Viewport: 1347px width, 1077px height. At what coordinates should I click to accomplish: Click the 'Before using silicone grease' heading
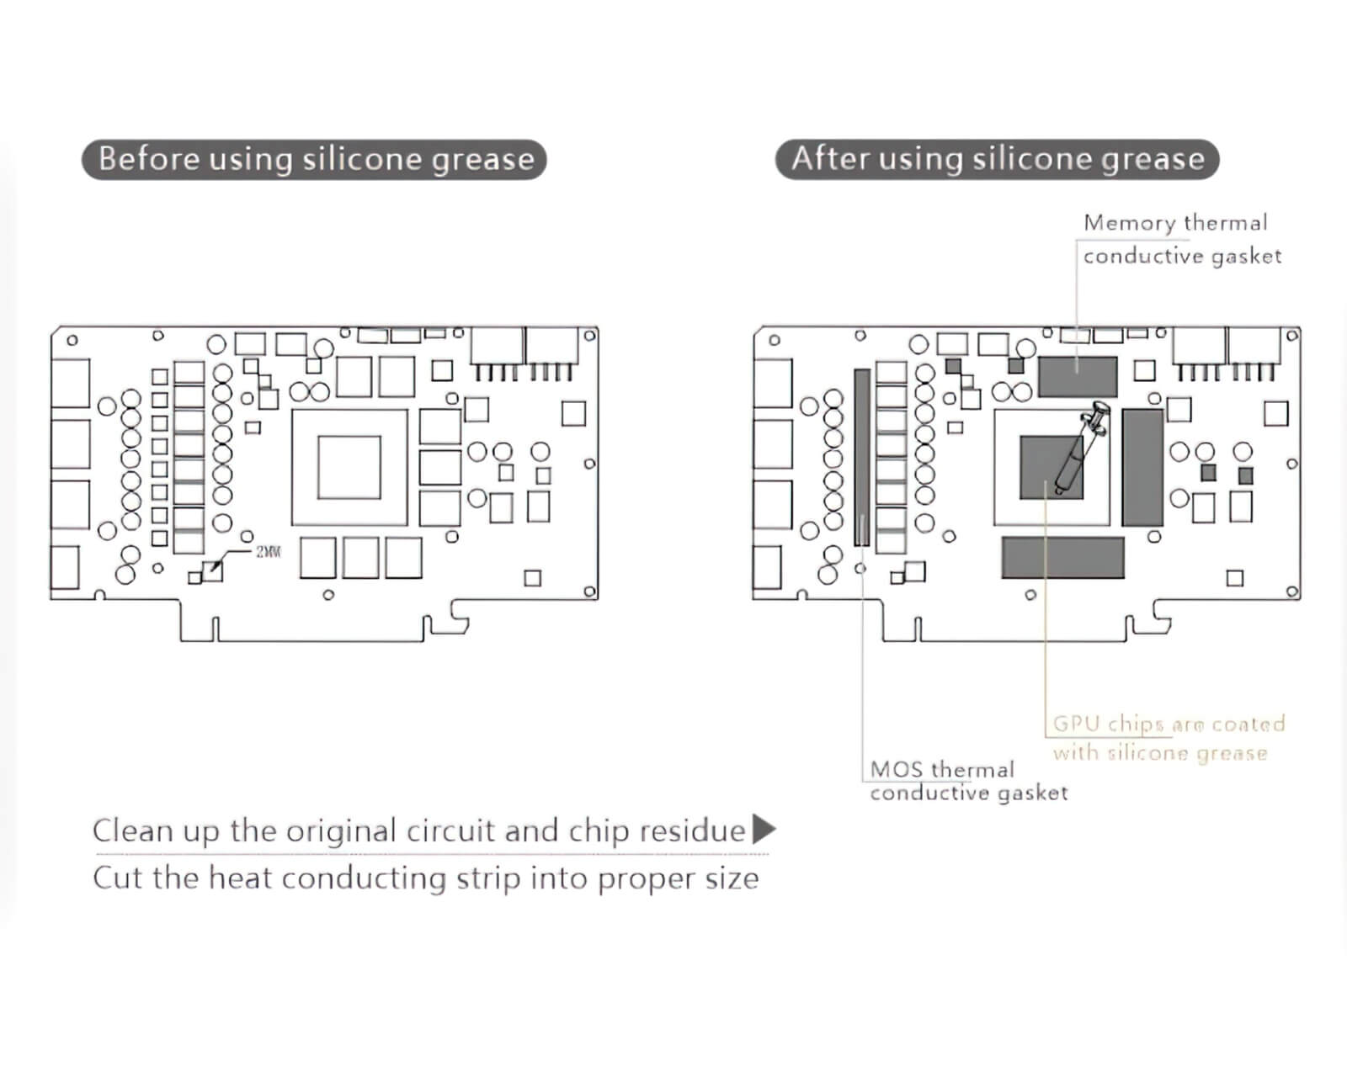[314, 159]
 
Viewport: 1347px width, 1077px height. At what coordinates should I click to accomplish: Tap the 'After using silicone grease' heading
[997, 159]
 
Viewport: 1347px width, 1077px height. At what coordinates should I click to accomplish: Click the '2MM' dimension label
[269, 552]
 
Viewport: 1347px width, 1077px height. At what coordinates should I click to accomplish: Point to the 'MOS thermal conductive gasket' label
[967, 781]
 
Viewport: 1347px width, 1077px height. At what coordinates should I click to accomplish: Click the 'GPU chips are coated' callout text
[1169, 724]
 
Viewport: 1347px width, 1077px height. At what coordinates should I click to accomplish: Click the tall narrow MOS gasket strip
[862, 457]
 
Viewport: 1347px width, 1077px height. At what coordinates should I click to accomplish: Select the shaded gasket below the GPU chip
[1062, 557]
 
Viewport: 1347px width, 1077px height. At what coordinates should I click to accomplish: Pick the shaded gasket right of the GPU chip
[1142, 468]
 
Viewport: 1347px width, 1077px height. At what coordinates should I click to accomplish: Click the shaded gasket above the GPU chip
[1078, 376]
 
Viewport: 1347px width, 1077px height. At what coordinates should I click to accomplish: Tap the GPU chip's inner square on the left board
[349, 468]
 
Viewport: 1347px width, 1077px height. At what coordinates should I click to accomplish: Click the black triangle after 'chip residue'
[763, 830]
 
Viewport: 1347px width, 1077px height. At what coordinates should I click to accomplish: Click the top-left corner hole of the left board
[72, 340]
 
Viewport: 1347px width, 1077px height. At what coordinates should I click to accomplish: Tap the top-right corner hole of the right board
[1292, 336]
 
